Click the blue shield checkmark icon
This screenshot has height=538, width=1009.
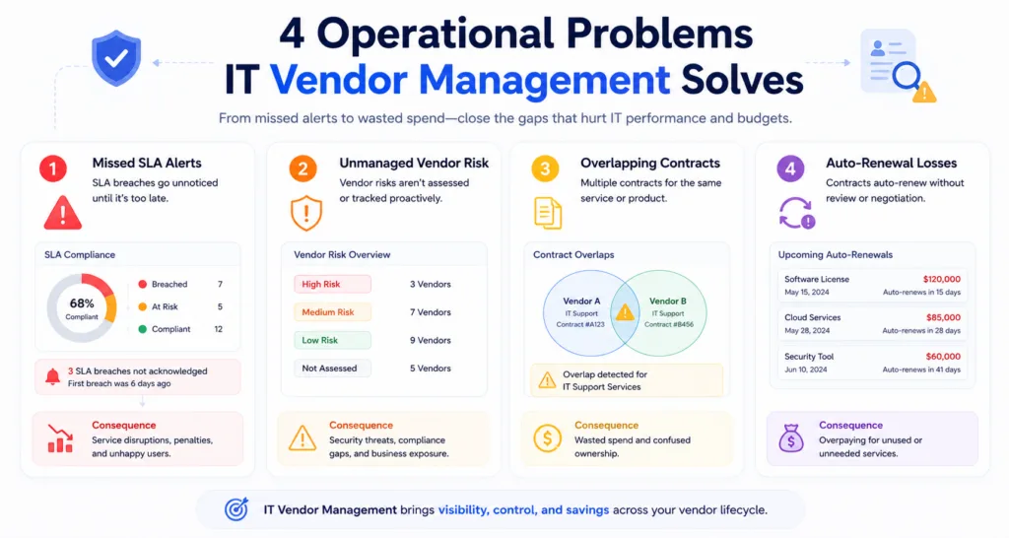pos(116,58)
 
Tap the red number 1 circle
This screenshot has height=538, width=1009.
pos(53,169)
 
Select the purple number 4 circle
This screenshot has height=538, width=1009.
pos(790,169)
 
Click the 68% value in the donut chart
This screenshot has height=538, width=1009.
pos(82,303)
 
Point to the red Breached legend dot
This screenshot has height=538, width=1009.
pos(143,285)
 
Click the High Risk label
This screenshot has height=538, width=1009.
pos(321,284)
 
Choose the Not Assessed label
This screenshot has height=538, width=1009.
pos(329,369)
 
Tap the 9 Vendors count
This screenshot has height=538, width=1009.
pos(431,340)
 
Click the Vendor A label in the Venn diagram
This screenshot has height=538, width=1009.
pos(581,301)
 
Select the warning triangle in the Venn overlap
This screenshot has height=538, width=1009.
pos(625,312)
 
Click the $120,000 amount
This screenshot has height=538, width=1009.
pos(941,279)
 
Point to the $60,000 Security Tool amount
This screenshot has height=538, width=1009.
pos(943,356)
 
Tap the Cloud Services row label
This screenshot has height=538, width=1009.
pos(813,317)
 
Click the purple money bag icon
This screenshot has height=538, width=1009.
pos(791,438)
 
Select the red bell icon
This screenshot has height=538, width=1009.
pos(53,376)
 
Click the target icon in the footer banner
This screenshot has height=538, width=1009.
pos(236,509)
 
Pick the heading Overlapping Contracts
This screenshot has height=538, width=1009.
pos(650,163)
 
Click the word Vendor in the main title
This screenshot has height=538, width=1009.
pos(339,80)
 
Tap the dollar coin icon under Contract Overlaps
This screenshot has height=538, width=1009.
pos(547,438)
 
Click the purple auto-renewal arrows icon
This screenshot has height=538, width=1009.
pos(796,213)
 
